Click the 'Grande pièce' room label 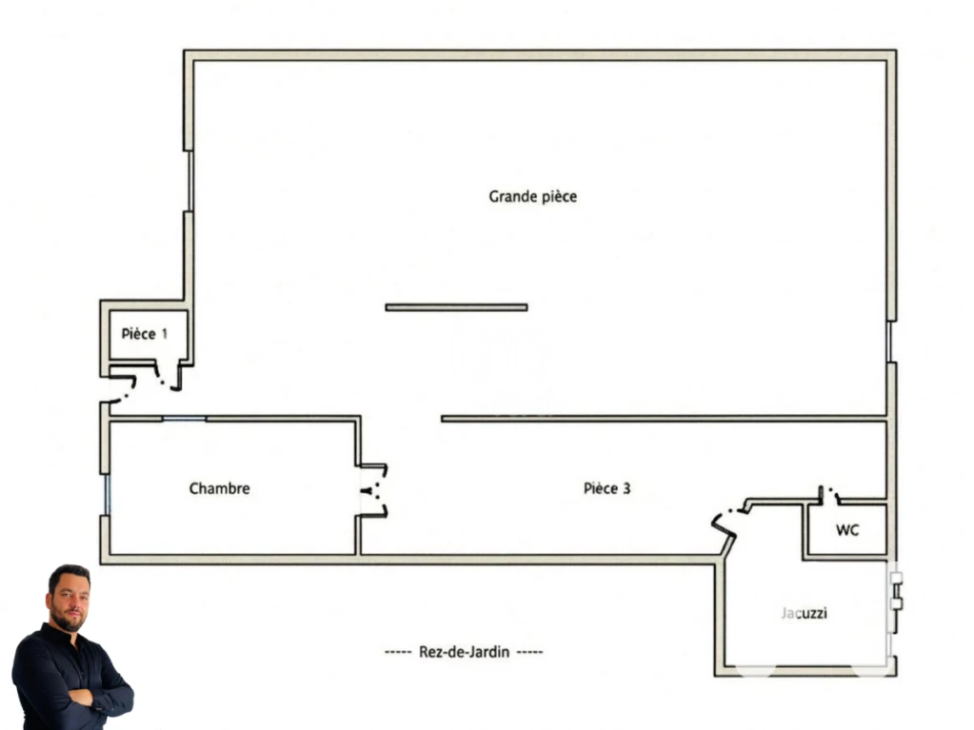point(532,197)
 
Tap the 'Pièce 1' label point(144,334)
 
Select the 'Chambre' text point(219,488)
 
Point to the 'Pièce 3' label point(606,488)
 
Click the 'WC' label point(847,530)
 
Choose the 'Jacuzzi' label point(804,613)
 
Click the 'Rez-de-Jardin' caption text point(464,652)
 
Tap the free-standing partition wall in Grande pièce point(457,307)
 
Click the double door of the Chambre point(374,490)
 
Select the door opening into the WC point(829,494)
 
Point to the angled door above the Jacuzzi point(730,522)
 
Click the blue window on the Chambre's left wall point(107,495)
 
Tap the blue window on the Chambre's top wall point(185,419)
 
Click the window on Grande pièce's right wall point(890,342)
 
